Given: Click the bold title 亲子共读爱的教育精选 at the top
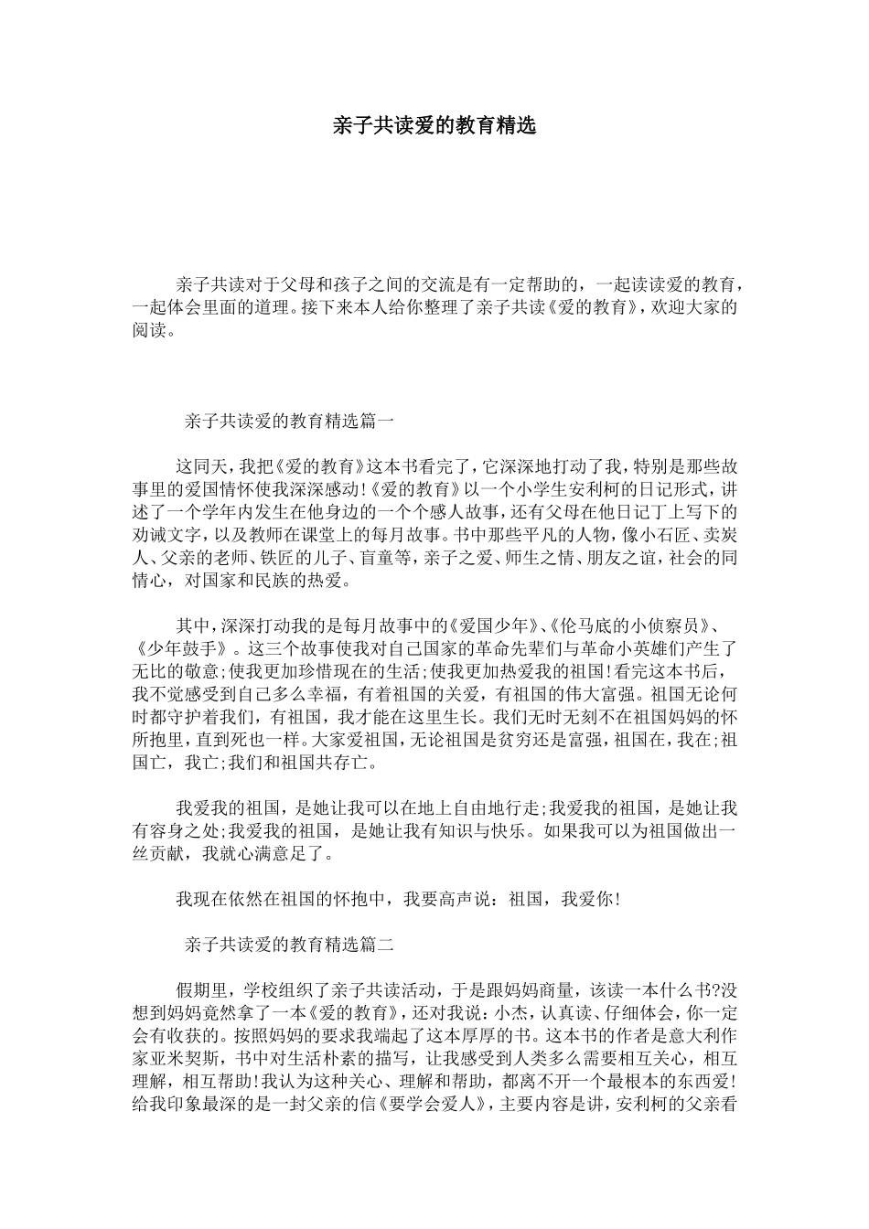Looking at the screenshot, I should coord(434,126).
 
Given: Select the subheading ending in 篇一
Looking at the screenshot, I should coord(289,422).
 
